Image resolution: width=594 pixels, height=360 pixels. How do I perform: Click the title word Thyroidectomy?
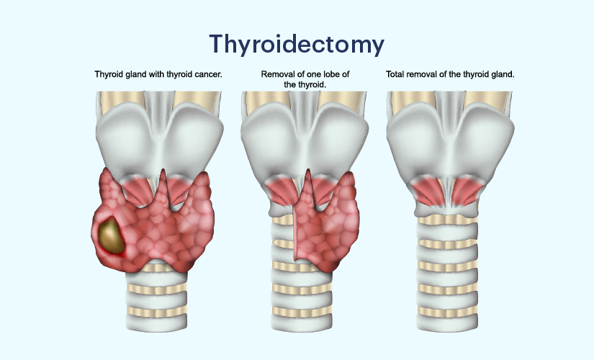coord(297,45)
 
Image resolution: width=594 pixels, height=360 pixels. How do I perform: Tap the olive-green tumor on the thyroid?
coord(112,235)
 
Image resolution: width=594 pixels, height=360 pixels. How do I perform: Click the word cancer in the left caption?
coord(208,74)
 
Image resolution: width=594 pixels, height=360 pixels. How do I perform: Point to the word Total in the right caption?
coord(394,74)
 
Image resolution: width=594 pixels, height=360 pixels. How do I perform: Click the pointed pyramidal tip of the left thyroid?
coord(163,171)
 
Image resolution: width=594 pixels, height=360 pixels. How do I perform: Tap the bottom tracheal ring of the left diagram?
coord(156,321)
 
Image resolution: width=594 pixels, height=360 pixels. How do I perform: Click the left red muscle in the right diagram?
coord(428,192)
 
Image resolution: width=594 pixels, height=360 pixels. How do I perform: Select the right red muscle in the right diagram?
coord(467,192)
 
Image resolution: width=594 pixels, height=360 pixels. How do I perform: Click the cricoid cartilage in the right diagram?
coord(447,210)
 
